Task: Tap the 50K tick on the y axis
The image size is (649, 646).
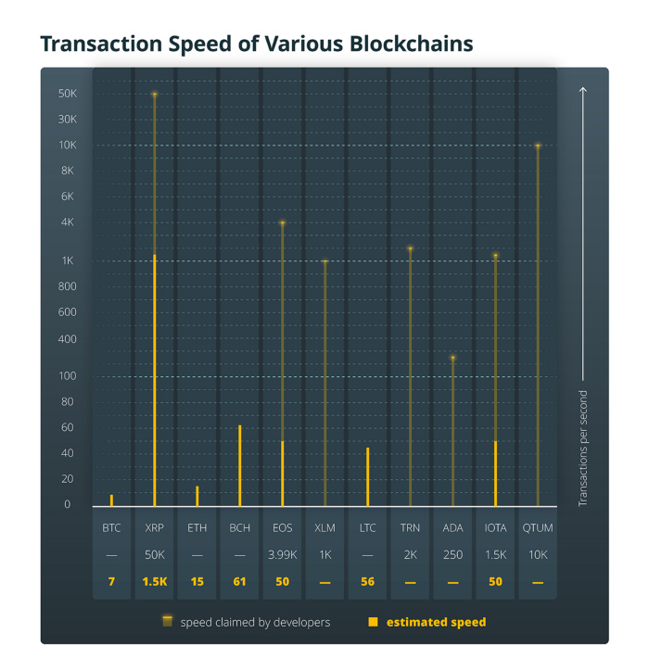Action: tap(67, 94)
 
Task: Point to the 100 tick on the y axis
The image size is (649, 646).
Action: tap(66, 375)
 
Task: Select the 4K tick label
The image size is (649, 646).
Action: tap(67, 222)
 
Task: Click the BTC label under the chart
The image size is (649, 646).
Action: tap(111, 527)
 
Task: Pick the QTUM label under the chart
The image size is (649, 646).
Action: tap(538, 527)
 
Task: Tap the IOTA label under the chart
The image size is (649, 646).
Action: tap(495, 527)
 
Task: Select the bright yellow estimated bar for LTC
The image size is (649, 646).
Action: tap(367, 477)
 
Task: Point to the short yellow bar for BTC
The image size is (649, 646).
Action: tap(111, 500)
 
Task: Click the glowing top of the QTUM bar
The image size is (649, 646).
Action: tap(538, 146)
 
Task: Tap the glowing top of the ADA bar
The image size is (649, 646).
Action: tap(452, 358)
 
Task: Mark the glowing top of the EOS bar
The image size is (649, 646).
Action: tap(282, 223)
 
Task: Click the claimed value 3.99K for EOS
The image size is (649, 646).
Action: tap(282, 554)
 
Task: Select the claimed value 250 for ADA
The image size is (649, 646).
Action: tap(452, 554)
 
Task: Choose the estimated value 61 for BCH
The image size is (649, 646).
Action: tap(239, 581)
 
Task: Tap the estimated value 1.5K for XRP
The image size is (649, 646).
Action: tap(154, 581)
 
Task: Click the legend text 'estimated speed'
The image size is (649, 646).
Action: tap(436, 622)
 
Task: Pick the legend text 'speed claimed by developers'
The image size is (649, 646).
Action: tap(255, 622)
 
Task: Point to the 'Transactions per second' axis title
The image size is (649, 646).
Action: tap(583, 444)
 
